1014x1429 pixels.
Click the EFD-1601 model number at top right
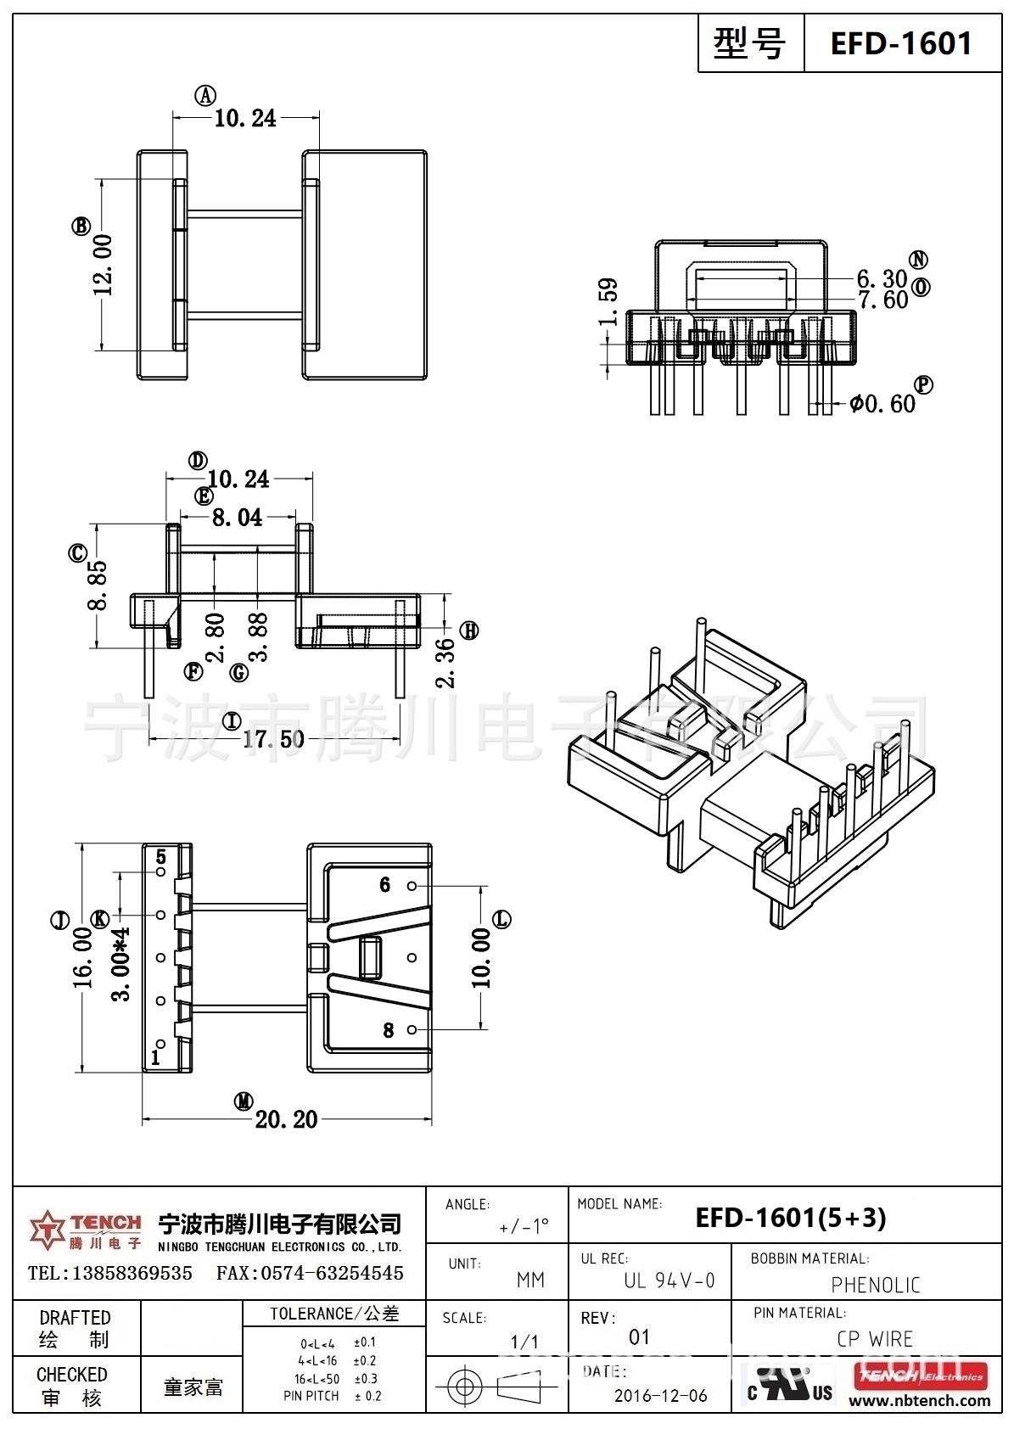(900, 42)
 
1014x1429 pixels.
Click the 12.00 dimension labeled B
(103, 264)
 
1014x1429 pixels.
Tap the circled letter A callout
(205, 96)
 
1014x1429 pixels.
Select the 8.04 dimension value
(237, 517)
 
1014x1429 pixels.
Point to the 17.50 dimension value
(273, 739)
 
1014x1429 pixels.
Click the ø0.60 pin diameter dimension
(883, 404)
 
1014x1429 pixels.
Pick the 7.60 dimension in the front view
(882, 300)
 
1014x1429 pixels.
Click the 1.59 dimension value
(608, 302)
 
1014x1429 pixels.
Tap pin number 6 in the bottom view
(384, 885)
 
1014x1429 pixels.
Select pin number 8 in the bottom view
(388, 1030)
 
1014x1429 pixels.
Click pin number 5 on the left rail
(160, 856)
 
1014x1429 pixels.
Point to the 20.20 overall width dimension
(286, 1119)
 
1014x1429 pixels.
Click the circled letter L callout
(502, 919)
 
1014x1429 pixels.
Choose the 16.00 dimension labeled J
(82, 957)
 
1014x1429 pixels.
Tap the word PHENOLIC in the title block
(875, 1285)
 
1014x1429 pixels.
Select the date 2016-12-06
(660, 1396)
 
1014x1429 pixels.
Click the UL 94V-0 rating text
(669, 1280)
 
